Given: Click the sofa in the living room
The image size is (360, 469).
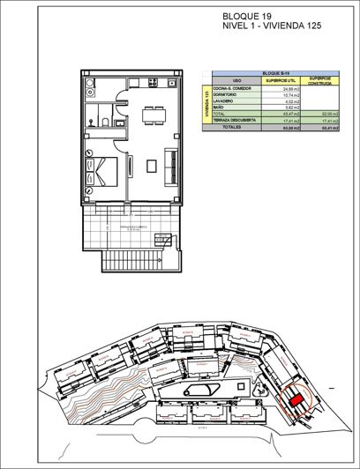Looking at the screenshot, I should click(171, 166).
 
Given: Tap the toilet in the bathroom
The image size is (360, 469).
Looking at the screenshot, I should click(105, 124).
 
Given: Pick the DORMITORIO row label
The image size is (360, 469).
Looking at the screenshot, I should click(227, 96).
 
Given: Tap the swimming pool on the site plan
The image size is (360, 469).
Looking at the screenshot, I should click(200, 391).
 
